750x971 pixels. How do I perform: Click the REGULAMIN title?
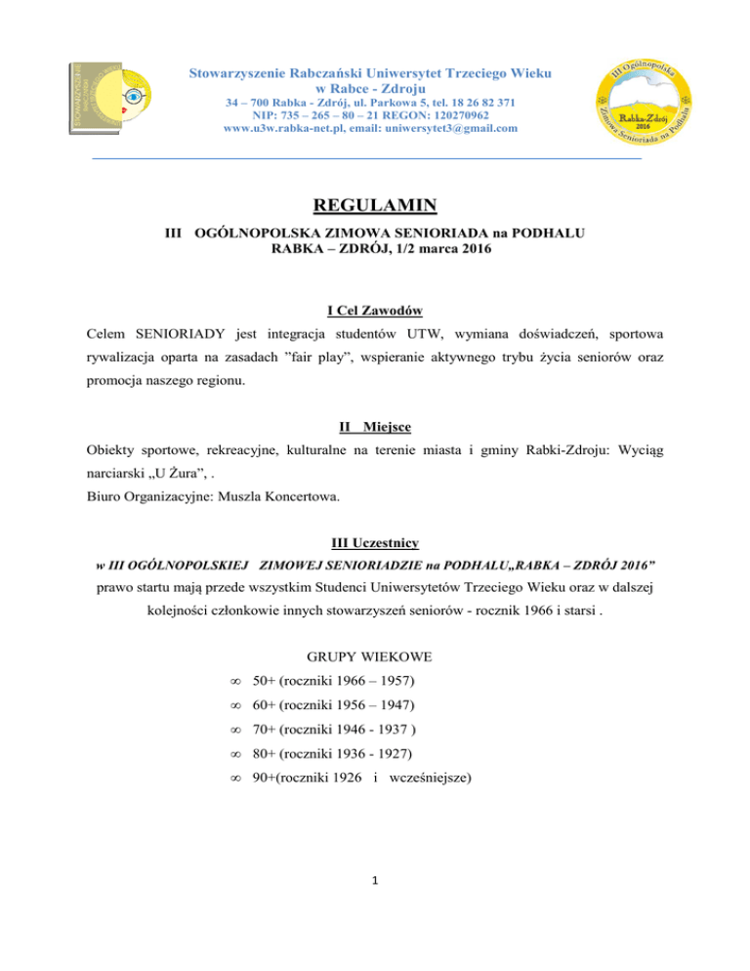pyautogui.click(x=374, y=206)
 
